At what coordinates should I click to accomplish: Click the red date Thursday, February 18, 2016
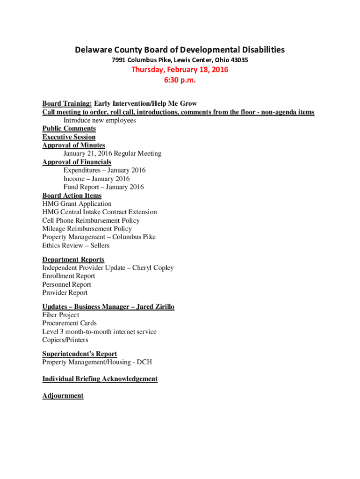[180, 70]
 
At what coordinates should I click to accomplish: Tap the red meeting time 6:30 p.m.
[180, 80]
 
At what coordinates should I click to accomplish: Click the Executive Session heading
[69, 137]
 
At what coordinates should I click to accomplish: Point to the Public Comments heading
[69, 129]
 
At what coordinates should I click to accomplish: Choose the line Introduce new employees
[100, 120]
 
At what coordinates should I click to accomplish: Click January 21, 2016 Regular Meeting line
[112, 153]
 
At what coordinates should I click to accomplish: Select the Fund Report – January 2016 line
[104, 187]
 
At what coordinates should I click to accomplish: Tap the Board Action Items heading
[72, 196]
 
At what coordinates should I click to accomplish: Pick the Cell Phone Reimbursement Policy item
[91, 220]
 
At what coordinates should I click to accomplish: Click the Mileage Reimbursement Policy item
[87, 229]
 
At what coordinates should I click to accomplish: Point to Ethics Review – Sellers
[76, 245]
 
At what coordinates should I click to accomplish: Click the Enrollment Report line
[68, 276]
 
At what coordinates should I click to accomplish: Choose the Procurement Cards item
[69, 323]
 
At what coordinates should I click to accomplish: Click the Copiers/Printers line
[65, 340]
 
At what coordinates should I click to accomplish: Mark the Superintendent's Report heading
[79, 354]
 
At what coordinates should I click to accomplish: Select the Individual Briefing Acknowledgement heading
[100, 379]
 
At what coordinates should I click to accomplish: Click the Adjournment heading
[63, 396]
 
